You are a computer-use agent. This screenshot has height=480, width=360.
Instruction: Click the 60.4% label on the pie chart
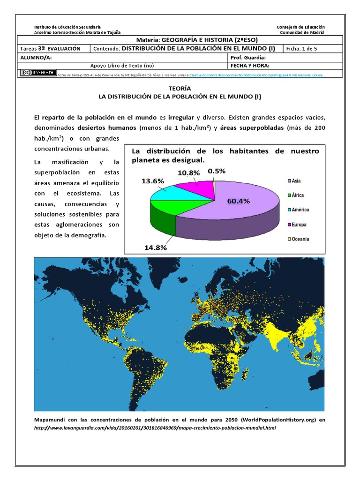tap(238, 201)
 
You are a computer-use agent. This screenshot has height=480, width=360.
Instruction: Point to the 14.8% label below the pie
tap(156, 247)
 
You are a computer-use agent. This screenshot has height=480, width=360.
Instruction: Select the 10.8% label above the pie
tap(188, 172)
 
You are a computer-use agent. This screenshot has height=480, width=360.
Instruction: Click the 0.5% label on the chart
tap(217, 171)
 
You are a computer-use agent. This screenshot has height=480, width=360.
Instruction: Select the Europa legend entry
tap(296, 225)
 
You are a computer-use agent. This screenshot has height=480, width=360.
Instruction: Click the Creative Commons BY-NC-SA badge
tap(38, 73)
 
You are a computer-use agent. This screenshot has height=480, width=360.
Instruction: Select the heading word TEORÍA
tap(180, 88)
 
